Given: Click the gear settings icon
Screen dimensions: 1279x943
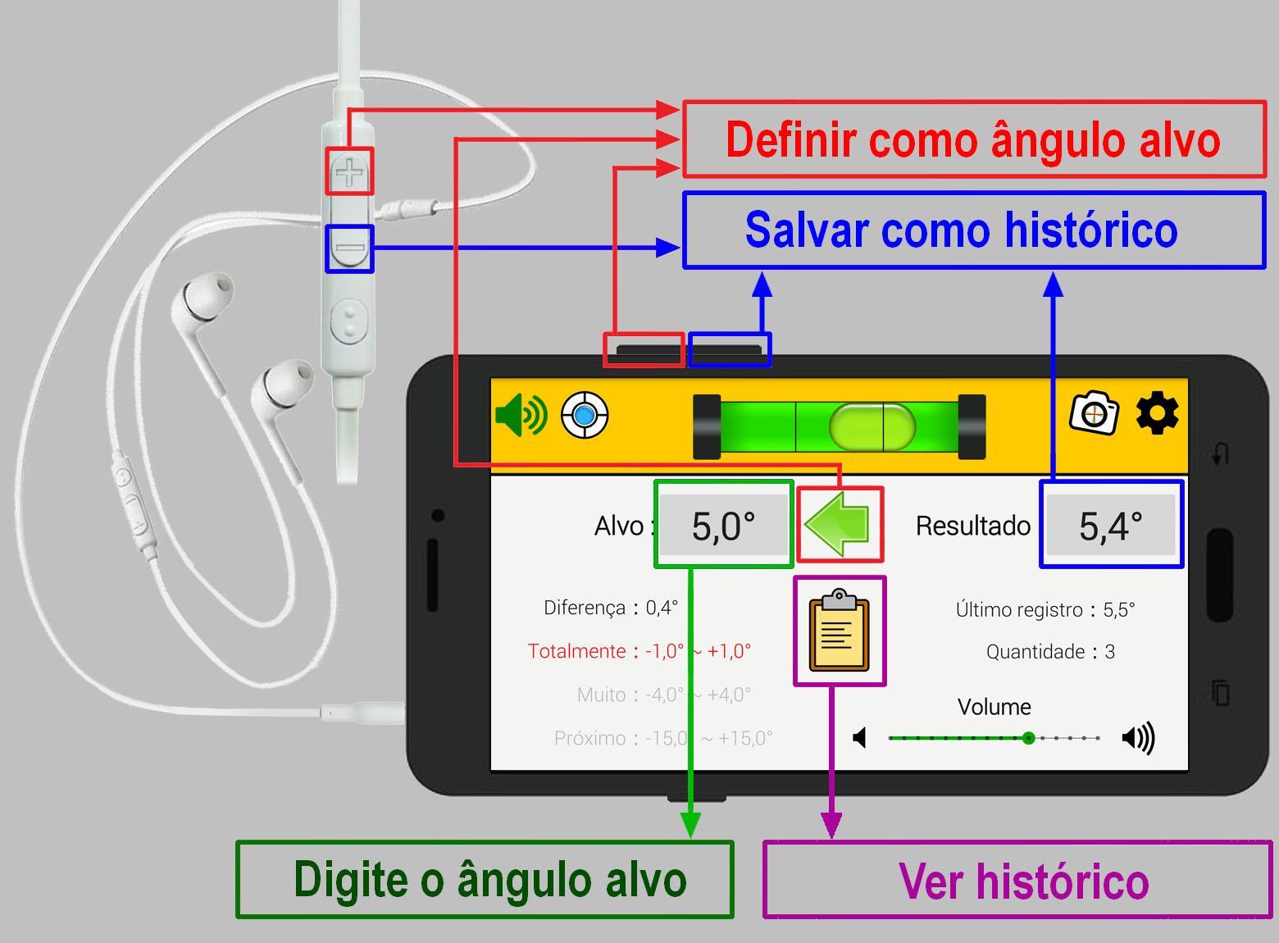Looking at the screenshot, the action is [x=1157, y=412].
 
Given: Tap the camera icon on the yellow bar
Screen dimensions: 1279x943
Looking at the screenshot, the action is [x=1094, y=412].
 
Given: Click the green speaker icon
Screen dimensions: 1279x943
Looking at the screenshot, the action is [x=521, y=415].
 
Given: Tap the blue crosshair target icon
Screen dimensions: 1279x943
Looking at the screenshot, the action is [x=584, y=415].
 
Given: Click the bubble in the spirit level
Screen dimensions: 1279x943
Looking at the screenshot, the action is [x=872, y=426].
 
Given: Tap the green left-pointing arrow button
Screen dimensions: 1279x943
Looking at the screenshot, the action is [x=836, y=524].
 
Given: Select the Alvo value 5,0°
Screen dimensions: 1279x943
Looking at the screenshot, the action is [x=723, y=526].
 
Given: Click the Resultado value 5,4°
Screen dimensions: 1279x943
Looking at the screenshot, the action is [x=1111, y=526].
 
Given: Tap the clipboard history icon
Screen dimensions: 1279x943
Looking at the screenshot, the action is [x=840, y=631].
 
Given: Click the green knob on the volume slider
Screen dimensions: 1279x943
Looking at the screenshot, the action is [x=1028, y=738].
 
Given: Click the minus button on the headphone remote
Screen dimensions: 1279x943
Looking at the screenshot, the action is [x=349, y=248].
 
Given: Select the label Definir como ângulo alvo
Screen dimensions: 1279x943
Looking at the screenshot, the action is [x=973, y=140].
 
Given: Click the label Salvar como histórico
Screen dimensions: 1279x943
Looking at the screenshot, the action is [x=962, y=230].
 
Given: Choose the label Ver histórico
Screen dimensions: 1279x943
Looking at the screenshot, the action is [x=1024, y=881].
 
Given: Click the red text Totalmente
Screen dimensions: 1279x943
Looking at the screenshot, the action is [x=576, y=651].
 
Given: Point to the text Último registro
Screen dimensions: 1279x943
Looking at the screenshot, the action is [x=1019, y=609].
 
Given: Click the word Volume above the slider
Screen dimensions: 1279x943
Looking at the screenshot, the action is [x=994, y=707].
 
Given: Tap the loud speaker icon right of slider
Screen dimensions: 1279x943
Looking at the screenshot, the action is [x=1138, y=738].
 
